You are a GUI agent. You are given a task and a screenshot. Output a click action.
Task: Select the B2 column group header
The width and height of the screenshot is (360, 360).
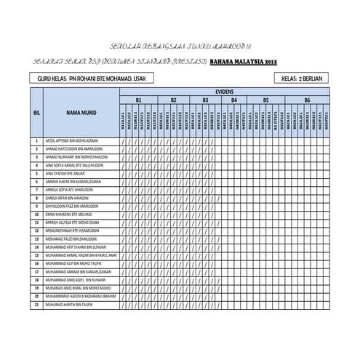click(173, 99)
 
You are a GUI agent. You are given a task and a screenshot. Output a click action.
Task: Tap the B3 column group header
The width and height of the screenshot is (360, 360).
click(205, 99)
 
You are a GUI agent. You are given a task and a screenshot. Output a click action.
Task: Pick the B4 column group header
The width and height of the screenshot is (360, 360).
click(233, 99)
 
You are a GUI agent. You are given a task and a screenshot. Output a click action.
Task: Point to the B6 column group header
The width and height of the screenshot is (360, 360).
click(308, 99)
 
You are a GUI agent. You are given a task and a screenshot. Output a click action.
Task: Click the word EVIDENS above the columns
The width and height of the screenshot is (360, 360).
click(225, 92)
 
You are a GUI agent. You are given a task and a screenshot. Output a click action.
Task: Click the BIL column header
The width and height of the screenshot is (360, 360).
click(36, 113)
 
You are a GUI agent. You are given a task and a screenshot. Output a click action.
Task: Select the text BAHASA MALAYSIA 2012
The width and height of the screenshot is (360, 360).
click(242, 62)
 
